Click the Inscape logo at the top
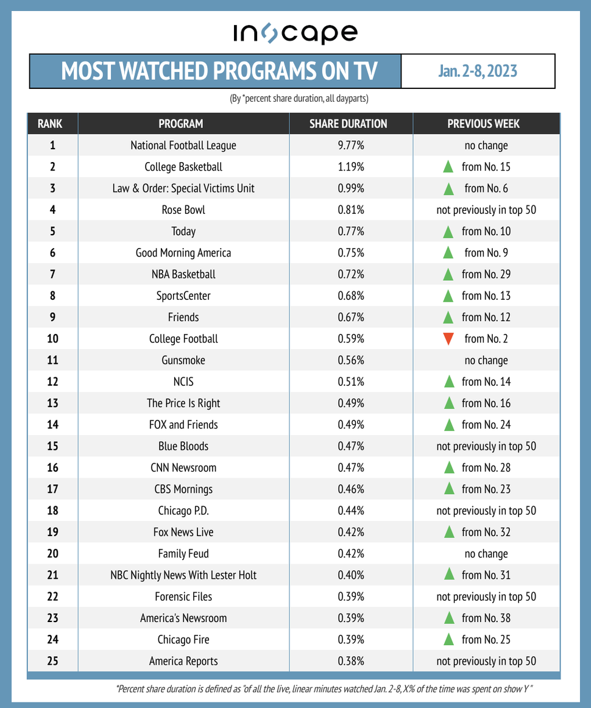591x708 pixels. tap(295, 34)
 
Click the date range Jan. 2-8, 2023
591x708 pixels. tap(477, 71)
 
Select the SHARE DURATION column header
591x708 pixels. tap(348, 124)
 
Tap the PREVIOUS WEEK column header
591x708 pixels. tap(483, 124)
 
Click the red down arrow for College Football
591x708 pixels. tap(448, 339)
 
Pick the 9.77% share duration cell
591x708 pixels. tap(350, 146)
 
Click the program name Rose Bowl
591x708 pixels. tap(183, 210)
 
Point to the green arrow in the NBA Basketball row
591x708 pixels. tap(448, 274)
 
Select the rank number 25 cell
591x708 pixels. tap(52, 661)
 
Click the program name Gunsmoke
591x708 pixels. tap(183, 360)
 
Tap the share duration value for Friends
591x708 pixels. tap(350, 317)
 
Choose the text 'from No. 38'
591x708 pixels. tap(486, 618)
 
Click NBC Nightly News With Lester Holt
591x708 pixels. tap(183, 575)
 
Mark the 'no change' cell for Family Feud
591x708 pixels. tap(486, 554)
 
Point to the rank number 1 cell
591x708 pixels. tap(52, 146)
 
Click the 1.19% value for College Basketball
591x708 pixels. tap(350, 167)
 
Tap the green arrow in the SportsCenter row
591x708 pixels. tap(448, 296)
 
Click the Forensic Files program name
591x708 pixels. tap(183, 596)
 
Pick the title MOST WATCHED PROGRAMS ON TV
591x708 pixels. tap(219, 71)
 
